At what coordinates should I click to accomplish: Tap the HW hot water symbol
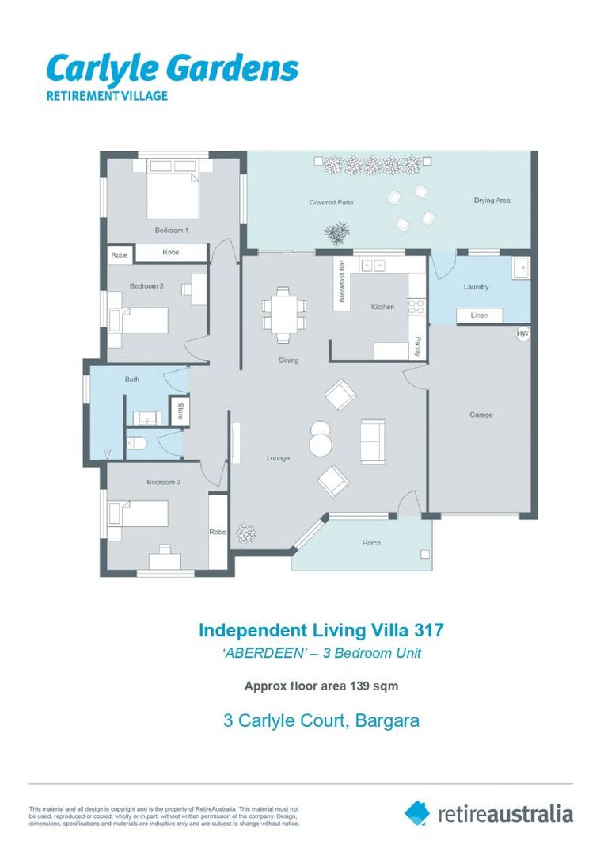(x=522, y=334)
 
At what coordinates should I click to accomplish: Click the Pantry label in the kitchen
(x=417, y=347)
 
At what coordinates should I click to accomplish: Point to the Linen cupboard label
(x=480, y=315)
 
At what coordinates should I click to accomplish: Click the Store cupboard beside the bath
(x=180, y=411)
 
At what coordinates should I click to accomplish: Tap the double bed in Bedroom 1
(x=173, y=195)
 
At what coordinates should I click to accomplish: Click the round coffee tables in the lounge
(x=321, y=438)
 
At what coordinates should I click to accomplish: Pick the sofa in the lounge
(x=372, y=441)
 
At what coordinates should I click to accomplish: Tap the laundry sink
(x=521, y=269)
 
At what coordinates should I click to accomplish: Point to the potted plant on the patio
(x=338, y=233)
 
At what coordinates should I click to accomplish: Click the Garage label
(x=481, y=415)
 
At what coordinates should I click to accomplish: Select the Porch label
(x=371, y=543)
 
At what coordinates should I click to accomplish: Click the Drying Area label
(x=492, y=201)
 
